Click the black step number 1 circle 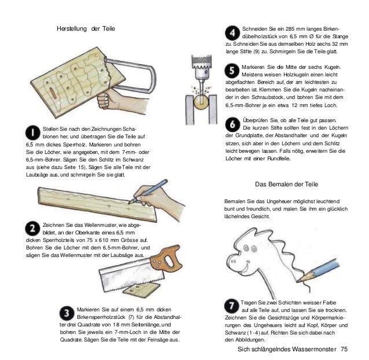[x=33, y=133]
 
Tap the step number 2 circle [x=32, y=229]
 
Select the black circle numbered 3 [x=67, y=313]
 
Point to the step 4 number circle [x=233, y=33]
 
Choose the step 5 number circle [x=232, y=71]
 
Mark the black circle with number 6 [x=233, y=124]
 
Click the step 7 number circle [x=231, y=306]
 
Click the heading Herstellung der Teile [x=86, y=29]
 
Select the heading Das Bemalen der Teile [x=286, y=184]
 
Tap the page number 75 [x=344, y=349]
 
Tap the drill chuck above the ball [x=201, y=67]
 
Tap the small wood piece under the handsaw [x=142, y=291]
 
